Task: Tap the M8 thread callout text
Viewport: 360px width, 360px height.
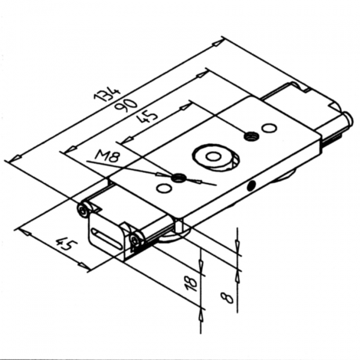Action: [x=107, y=158]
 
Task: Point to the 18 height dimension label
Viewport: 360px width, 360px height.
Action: [x=191, y=283]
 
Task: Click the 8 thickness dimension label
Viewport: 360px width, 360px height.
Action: [x=227, y=297]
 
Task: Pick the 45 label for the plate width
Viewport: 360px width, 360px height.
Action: [x=65, y=245]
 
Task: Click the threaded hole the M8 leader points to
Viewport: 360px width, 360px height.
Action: [x=177, y=178]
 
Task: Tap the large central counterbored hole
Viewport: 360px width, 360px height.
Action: [x=214, y=157]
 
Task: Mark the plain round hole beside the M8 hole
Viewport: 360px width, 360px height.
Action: [x=162, y=188]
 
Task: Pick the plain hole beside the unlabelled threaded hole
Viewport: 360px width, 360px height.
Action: [x=269, y=128]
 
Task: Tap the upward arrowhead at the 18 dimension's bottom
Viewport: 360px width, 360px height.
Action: [x=200, y=314]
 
